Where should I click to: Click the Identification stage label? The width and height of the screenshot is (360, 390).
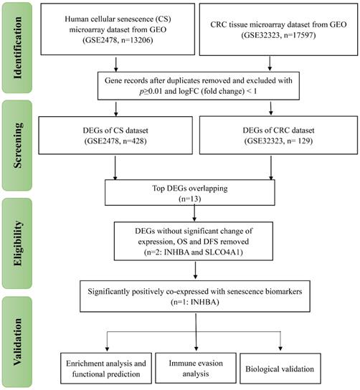[17, 48]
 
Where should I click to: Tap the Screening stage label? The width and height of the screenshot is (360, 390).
[17, 146]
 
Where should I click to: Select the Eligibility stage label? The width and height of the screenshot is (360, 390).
[17, 243]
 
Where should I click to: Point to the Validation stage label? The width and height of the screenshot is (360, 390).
[17, 342]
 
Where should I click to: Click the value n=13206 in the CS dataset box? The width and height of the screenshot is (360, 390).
[136, 40]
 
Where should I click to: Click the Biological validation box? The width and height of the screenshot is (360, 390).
[280, 368]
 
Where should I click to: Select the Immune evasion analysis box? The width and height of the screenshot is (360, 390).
[196, 368]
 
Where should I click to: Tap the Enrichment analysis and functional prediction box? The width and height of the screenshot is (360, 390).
[106, 368]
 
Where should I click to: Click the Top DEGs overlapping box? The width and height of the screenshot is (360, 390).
[190, 193]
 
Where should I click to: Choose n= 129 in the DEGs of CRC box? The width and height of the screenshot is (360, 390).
[298, 141]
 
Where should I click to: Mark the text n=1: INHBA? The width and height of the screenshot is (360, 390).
[195, 303]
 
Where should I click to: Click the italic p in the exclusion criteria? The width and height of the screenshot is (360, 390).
[141, 92]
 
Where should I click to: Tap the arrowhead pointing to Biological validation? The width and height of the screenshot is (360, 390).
[280, 348]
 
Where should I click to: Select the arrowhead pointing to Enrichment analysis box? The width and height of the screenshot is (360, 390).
[108, 348]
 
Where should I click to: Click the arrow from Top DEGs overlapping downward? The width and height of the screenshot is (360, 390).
[194, 213]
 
